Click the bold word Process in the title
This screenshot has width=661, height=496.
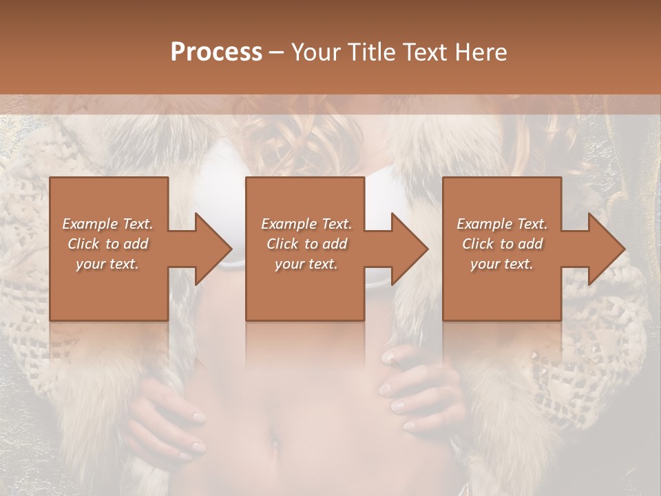point(216,52)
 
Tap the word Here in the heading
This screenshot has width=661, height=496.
point(482,52)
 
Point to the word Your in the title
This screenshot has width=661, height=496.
point(314,52)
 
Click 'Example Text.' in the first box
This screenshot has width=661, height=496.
point(107,224)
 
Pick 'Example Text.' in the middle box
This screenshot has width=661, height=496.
point(306,224)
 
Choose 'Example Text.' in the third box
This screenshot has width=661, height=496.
point(502,224)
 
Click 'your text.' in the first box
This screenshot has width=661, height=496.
point(107,264)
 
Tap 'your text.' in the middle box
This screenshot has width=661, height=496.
point(306,264)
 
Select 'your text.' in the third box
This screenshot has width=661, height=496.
point(502,264)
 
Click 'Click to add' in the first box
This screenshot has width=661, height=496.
point(107,244)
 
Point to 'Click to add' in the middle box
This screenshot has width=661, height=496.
point(306,244)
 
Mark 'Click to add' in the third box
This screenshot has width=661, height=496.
point(502,244)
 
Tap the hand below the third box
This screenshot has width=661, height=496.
point(420,393)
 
